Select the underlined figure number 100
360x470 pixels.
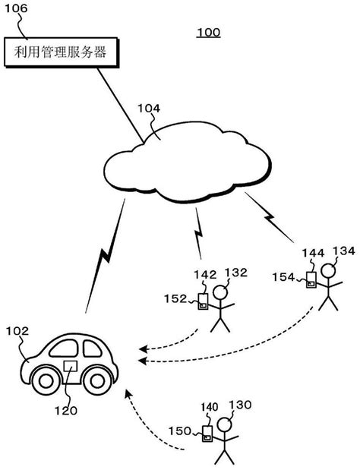pyautogui.click(x=208, y=33)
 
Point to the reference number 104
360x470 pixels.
pyautogui.click(x=148, y=109)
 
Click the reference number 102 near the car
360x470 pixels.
pyautogui.click(x=17, y=332)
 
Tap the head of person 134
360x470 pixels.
pyautogui.click(x=330, y=270)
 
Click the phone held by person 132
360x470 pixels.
pyautogui.click(x=203, y=301)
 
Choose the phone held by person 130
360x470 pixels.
pyautogui.click(x=207, y=434)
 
